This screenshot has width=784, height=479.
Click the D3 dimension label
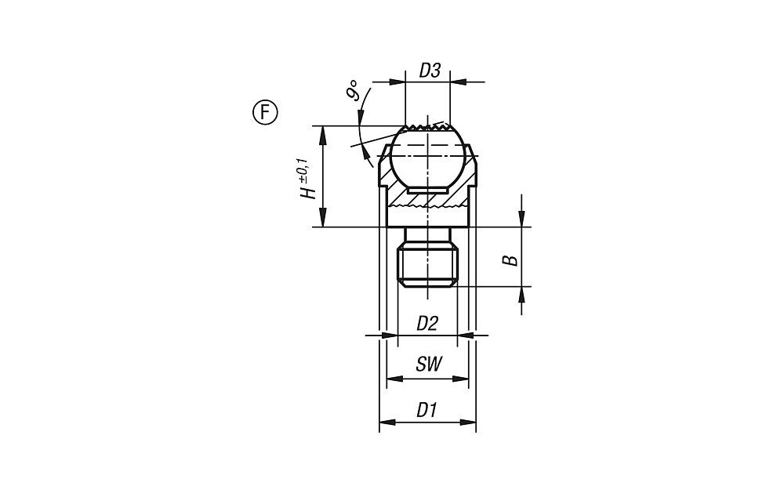point(429,71)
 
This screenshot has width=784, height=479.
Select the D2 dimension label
point(427,324)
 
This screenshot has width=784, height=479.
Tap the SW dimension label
point(429,365)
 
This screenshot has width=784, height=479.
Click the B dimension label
point(511,260)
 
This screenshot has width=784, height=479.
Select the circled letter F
point(264,113)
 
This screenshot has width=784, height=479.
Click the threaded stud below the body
point(427,263)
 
